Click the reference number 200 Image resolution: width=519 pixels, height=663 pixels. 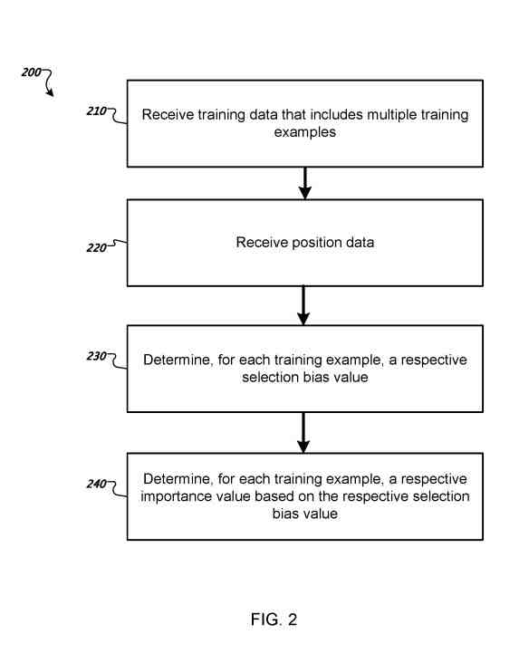pos(30,72)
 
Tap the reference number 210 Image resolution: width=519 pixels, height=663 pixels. pos(97,111)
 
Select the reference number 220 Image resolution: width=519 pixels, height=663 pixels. pos(97,245)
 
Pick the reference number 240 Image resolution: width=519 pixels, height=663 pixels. pos(97,484)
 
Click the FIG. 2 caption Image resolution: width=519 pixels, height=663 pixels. pos(274,620)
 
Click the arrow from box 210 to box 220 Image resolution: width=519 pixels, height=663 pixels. pos(305,183)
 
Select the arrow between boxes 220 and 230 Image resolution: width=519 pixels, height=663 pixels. pos(304,305)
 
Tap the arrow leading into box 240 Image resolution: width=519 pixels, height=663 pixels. pos(304,433)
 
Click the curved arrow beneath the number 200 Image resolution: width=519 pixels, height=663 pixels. pos(48,84)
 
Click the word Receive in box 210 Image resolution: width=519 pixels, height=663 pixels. pos(168,116)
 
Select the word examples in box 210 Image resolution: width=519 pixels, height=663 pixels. pos(304,132)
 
